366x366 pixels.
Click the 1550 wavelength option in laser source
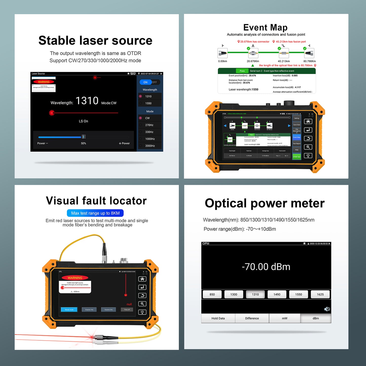coord(148,103)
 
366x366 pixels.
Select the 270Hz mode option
coord(149,125)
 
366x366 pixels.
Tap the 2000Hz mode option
coord(150,146)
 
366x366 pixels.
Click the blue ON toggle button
coord(145,82)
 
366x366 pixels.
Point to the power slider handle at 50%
coord(83,137)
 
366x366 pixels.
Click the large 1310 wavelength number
coord(87,101)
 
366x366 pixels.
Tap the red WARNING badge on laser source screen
coord(44,82)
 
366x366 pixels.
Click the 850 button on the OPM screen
coord(212,294)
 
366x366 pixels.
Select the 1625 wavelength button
coord(320,294)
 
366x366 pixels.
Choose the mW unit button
coord(284,318)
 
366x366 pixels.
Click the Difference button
coord(252,318)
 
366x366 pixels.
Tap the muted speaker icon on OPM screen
coord(327,309)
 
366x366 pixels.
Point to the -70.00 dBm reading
coord(266,267)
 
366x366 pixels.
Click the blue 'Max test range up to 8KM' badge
coord(95,213)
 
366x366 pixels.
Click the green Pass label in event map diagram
coord(242,71)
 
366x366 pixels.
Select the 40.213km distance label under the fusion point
coord(284,61)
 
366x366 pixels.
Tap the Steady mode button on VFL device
coord(69,310)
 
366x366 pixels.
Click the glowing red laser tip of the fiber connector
coord(91,337)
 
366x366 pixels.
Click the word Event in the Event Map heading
coord(255,27)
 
